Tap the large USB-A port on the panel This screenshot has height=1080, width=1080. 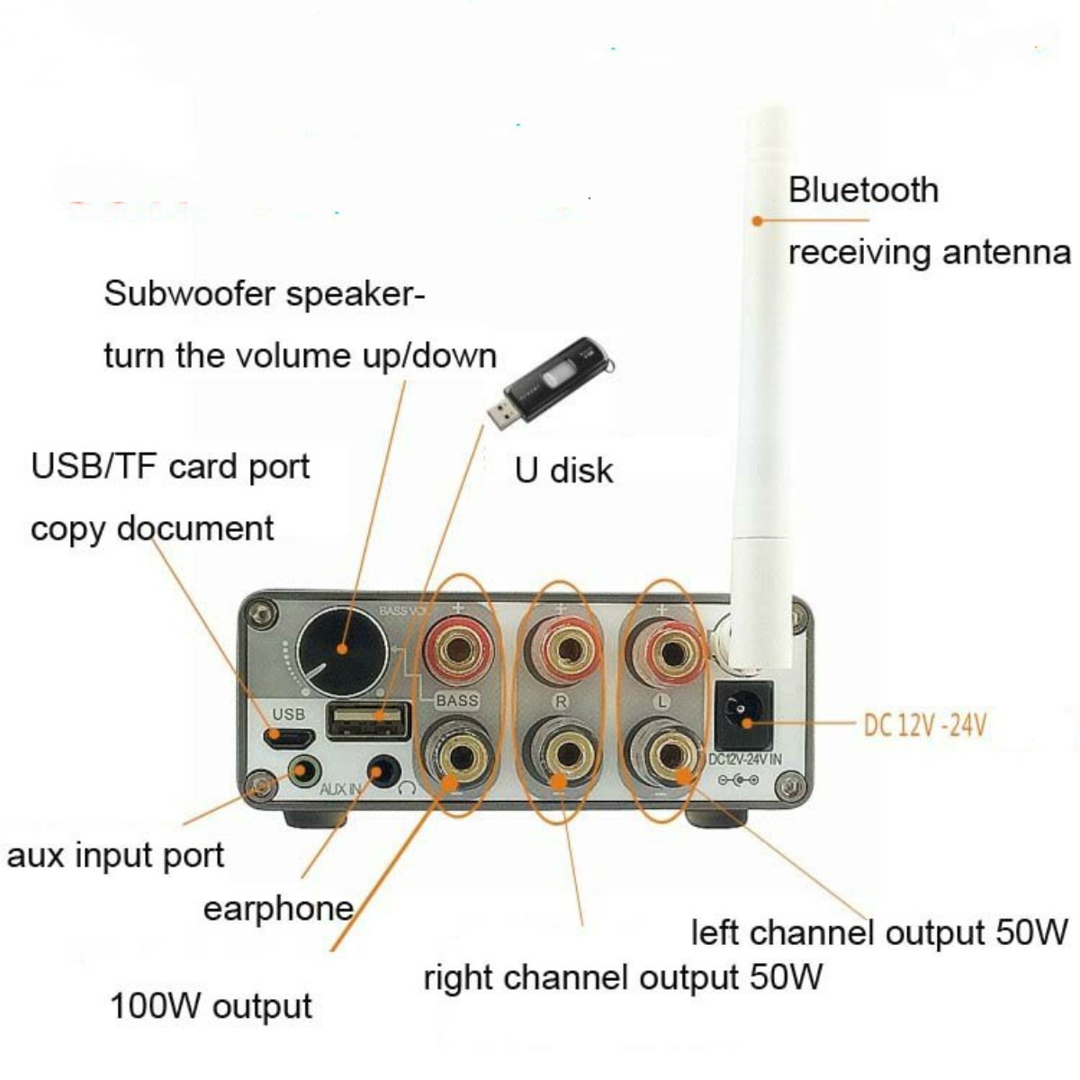click(x=368, y=720)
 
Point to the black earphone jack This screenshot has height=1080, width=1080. click(x=384, y=771)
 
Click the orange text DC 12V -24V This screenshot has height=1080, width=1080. click(x=924, y=724)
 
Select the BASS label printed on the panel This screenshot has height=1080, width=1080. click(x=457, y=700)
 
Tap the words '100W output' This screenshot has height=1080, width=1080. click(x=211, y=1006)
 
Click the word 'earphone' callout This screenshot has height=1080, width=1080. click(x=278, y=908)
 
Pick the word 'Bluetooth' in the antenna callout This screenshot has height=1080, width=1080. click(x=863, y=191)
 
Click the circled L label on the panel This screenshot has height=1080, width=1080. click(x=662, y=700)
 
